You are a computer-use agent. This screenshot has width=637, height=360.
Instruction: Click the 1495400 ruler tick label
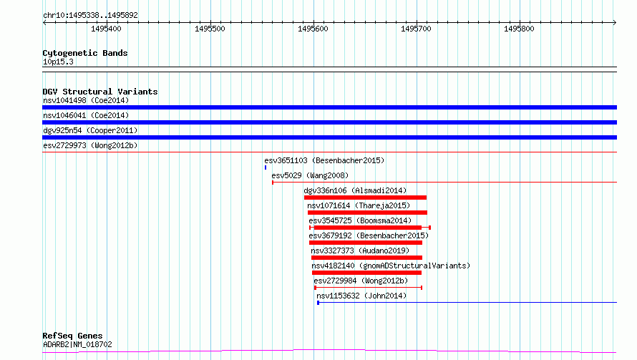(x=106, y=29)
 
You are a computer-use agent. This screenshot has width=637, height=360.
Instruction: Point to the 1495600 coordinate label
(x=313, y=29)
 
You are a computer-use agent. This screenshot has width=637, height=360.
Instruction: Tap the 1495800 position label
(x=519, y=29)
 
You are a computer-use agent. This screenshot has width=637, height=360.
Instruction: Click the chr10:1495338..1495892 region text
(x=90, y=16)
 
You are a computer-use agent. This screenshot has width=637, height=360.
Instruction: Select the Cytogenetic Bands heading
(x=85, y=53)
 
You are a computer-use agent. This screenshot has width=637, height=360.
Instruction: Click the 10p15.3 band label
(x=58, y=62)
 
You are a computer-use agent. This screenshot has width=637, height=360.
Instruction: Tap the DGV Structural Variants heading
(x=100, y=92)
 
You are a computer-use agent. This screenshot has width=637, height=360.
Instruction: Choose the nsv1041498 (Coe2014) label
(x=86, y=100)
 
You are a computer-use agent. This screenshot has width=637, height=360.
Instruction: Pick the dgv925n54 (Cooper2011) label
(x=90, y=130)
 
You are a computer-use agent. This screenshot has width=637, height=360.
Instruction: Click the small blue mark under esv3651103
(x=266, y=167)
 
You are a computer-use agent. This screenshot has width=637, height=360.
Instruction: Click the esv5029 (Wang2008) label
(x=310, y=175)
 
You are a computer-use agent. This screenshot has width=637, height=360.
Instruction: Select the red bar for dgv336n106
(x=365, y=198)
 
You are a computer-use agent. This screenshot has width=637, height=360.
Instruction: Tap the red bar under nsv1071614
(x=367, y=213)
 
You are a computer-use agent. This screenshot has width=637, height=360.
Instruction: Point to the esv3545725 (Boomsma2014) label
(x=360, y=220)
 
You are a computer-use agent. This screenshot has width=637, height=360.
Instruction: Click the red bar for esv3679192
(x=366, y=243)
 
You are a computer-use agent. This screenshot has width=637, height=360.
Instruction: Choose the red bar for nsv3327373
(x=366, y=258)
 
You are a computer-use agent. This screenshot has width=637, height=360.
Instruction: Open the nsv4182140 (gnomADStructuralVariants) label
(x=391, y=266)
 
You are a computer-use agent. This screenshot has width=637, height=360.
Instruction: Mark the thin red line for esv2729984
(x=369, y=288)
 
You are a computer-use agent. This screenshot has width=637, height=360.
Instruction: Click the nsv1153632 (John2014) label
(x=361, y=296)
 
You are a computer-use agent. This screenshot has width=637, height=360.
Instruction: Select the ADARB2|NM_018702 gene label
(x=77, y=344)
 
